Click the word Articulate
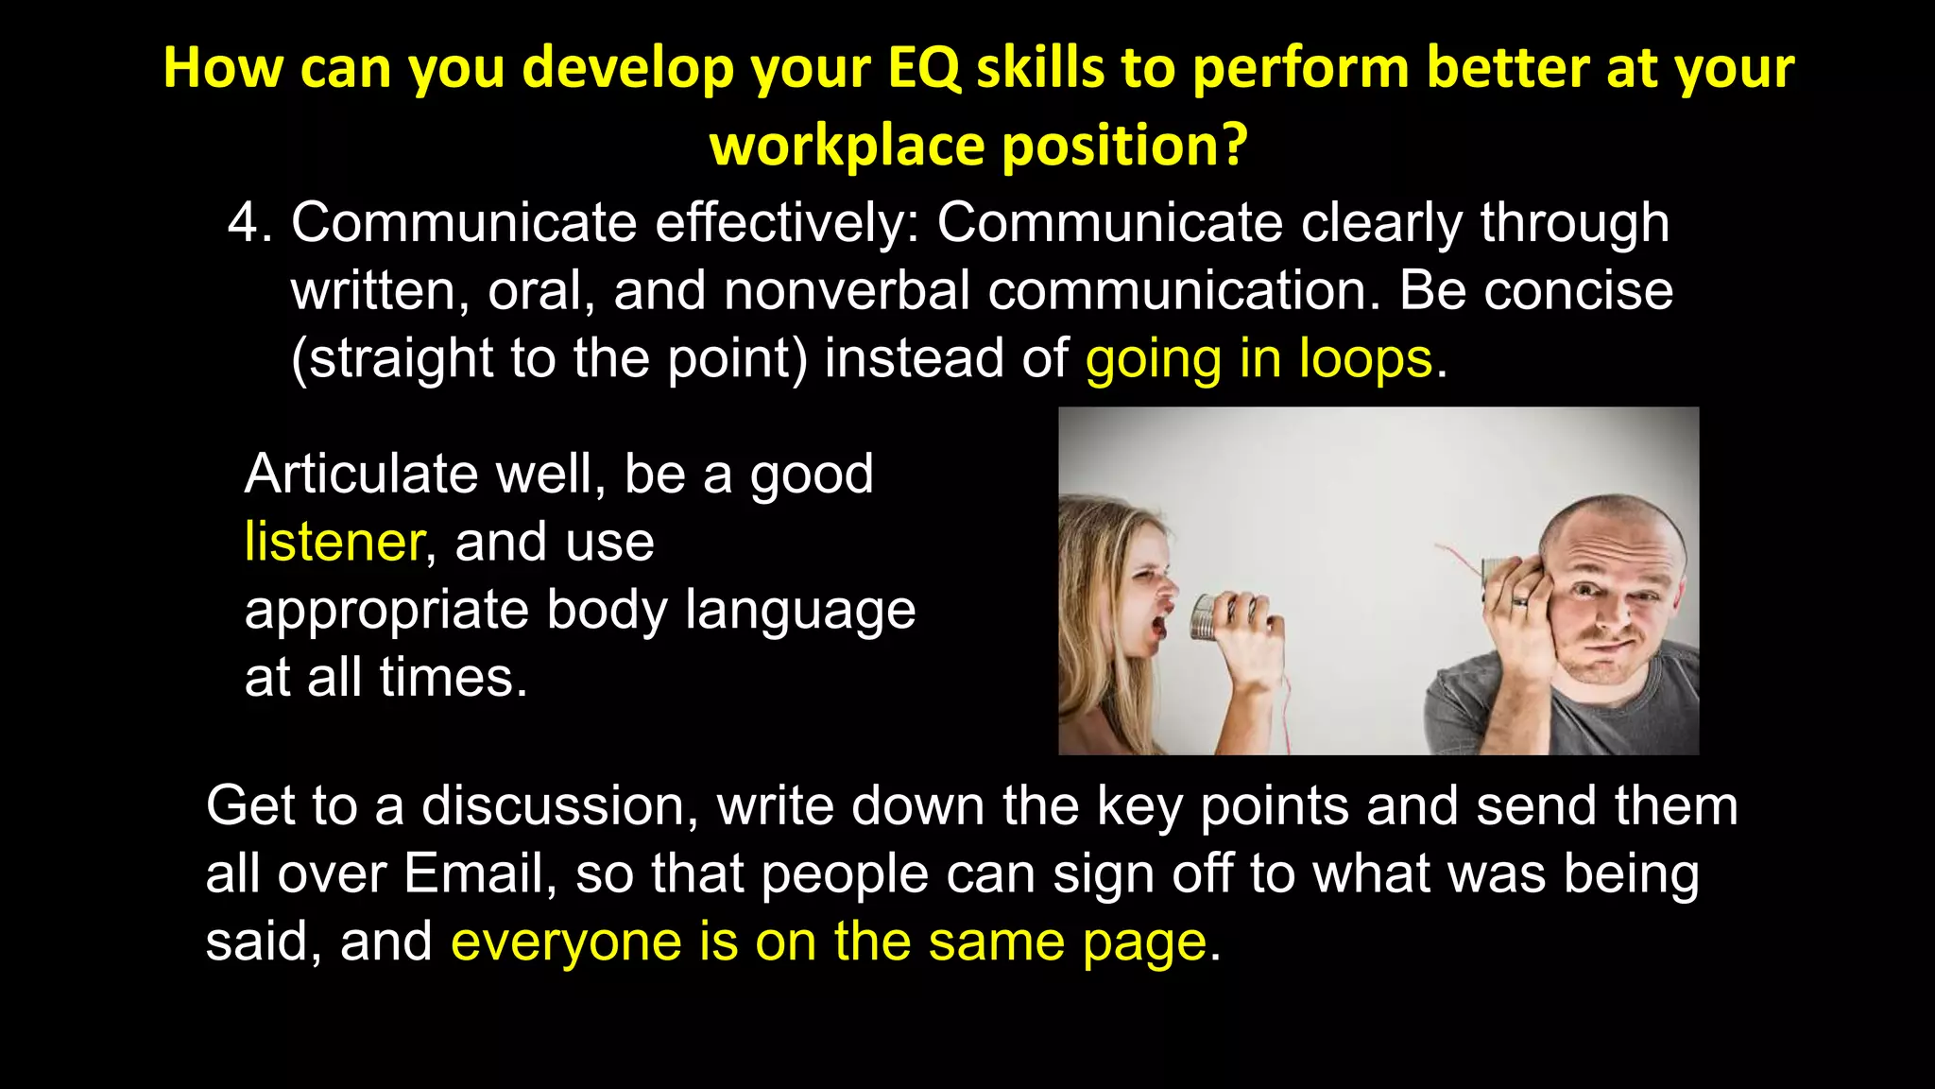(361, 474)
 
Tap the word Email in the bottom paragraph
(475, 873)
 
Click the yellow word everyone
(566, 942)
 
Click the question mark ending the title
(1234, 146)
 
